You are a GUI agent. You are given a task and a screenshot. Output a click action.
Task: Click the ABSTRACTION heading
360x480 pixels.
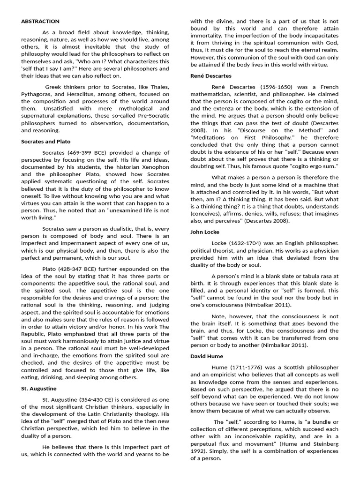(40, 21)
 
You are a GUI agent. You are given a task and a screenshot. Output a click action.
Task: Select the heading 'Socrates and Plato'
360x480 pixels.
(45, 141)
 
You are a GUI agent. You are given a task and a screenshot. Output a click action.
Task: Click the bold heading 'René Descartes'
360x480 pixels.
(210, 75)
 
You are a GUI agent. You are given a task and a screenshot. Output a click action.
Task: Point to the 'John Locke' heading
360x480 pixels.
(205, 232)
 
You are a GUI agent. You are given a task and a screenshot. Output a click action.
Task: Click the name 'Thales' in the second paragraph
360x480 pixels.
(159, 87)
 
